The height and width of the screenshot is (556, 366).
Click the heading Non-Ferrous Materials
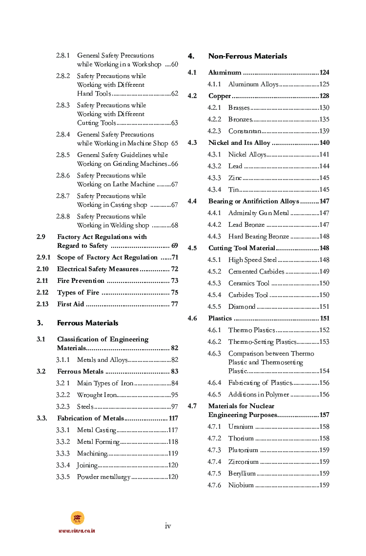pos(247,56)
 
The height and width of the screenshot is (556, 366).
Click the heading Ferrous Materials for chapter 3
pos(87,323)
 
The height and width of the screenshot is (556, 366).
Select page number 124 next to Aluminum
pos(325,73)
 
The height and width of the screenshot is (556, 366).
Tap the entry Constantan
pos(244,131)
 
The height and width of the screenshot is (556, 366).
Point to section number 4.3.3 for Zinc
pos(214,178)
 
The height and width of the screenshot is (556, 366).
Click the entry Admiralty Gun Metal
pos(258,213)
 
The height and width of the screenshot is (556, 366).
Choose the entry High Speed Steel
pos(252,260)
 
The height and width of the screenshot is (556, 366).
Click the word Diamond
pos(242,307)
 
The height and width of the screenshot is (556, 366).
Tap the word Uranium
pos(241,427)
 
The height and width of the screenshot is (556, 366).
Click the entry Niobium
pos(241,485)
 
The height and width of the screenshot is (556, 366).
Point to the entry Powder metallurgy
pos(103,477)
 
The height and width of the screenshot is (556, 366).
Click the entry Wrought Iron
pos(97,395)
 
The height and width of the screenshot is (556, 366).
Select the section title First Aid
pos(71,304)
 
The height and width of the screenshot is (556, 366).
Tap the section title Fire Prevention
pos(81,281)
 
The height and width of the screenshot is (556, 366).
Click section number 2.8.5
pos(63,155)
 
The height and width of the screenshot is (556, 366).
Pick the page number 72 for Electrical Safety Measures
pos(174,269)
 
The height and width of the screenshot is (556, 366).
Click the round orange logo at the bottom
pos(77,518)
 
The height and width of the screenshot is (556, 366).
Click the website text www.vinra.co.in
pos(77,531)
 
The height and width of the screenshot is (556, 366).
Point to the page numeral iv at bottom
pos(167,526)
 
